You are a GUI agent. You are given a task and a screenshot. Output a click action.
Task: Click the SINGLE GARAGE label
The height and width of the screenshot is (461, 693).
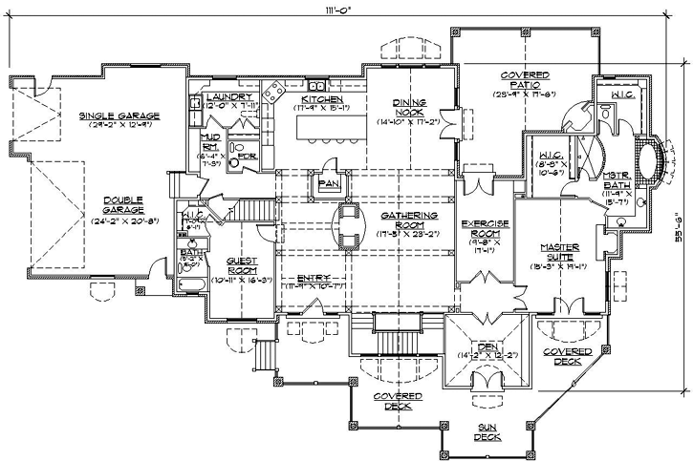point(119,115)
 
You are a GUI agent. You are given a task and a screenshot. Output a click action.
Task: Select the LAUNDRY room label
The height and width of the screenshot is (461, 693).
point(228,97)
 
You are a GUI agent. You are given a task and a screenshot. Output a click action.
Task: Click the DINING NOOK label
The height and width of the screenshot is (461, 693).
point(408,107)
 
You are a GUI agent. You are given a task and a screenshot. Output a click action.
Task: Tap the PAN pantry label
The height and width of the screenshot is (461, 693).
point(330,181)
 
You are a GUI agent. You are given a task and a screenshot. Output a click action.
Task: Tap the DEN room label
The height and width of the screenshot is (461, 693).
point(487,348)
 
